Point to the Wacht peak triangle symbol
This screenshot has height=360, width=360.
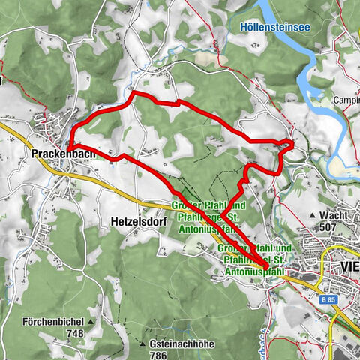click(313, 214)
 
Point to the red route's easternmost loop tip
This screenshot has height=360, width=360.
click(292, 142)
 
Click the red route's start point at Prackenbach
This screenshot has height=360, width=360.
click(70, 148)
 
